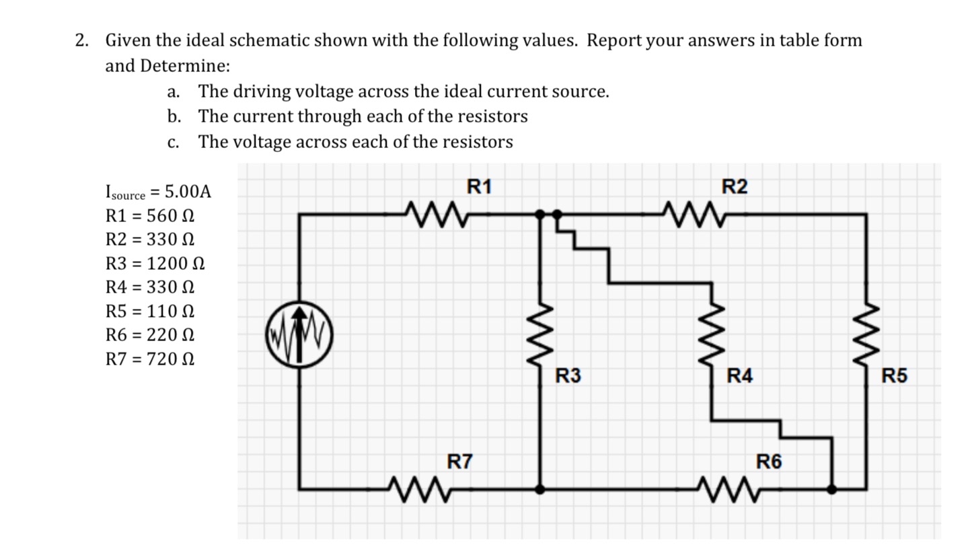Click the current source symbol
tap(299, 333)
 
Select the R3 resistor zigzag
tap(539, 336)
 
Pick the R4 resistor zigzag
tap(712, 336)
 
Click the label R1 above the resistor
tap(478, 186)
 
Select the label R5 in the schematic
tap(894, 376)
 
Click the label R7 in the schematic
tap(460, 462)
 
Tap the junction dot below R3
tap(539, 489)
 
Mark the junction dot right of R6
tap(832, 489)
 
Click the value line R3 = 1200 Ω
tap(155, 263)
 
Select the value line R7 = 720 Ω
tap(151, 359)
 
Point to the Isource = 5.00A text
tap(158, 192)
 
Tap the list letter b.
tap(174, 116)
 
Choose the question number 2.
tap(81, 40)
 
